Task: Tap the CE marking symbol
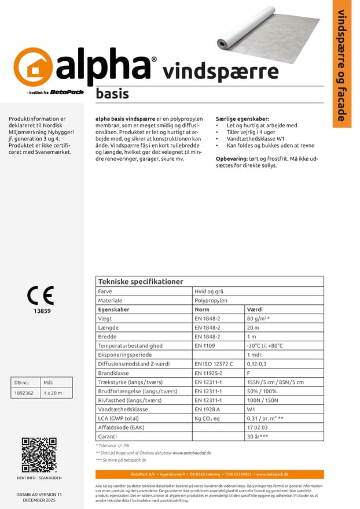(40, 295)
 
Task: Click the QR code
(39, 455)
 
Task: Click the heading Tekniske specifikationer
(141, 282)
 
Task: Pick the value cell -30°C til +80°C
(265, 345)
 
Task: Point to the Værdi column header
(255, 309)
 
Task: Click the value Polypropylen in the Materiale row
(211, 301)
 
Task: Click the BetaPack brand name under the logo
(67, 92)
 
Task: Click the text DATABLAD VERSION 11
(39, 495)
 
